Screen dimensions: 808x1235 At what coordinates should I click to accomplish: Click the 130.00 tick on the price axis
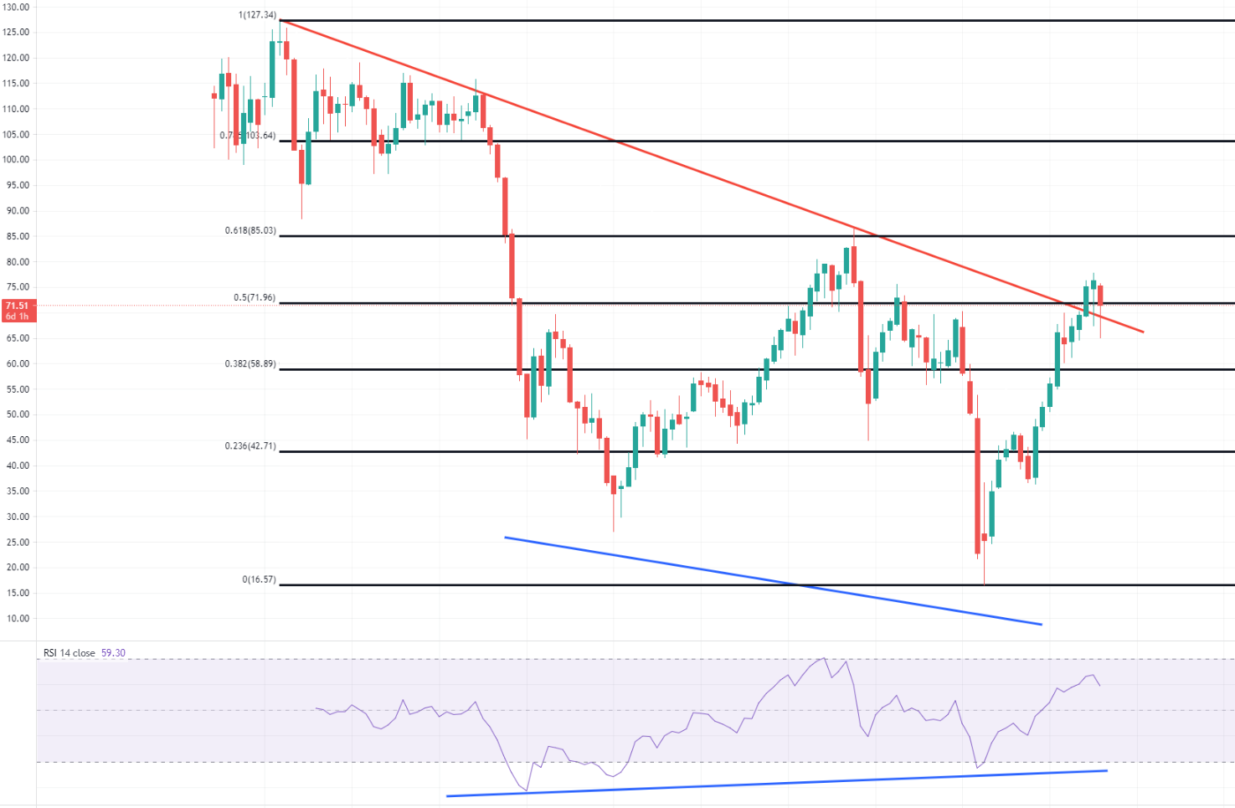[x=18, y=7]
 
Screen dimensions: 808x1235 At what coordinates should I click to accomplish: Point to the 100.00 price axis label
[x=18, y=160]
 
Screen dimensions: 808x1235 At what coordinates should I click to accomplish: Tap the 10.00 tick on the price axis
[x=18, y=619]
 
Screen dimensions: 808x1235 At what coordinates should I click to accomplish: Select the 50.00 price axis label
[x=18, y=414]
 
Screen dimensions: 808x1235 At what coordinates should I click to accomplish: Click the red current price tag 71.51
[x=17, y=306]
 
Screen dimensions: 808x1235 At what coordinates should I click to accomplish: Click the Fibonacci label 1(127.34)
[x=259, y=15]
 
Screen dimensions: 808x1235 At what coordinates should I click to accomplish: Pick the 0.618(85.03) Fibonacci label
[x=250, y=230]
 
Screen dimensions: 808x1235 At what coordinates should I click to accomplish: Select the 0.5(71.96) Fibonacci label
[x=254, y=298]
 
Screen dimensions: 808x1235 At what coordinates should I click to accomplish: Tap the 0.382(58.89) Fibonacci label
[x=250, y=364]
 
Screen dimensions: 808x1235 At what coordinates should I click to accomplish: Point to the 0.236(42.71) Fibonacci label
[x=250, y=446]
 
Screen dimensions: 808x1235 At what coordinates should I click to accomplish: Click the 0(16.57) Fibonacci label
[x=259, y=579]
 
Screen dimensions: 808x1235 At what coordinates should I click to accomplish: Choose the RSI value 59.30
[x=113, y=653]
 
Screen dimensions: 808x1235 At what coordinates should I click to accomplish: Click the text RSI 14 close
[x=69, y=653]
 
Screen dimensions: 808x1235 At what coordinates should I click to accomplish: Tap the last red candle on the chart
[x=1100, y=296]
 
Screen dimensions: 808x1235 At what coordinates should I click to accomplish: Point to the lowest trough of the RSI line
[x=527, y=790]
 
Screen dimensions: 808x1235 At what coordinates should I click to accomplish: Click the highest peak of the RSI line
[x=825, y=658]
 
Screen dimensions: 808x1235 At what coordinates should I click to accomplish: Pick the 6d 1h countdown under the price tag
[x=17, y=317]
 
